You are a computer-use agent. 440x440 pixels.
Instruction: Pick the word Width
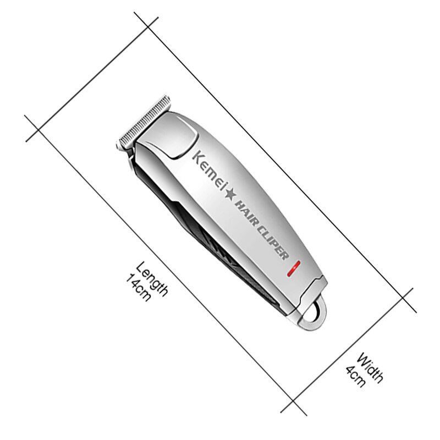tap(370, 368)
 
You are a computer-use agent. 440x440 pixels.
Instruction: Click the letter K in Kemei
tap(196, 156)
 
